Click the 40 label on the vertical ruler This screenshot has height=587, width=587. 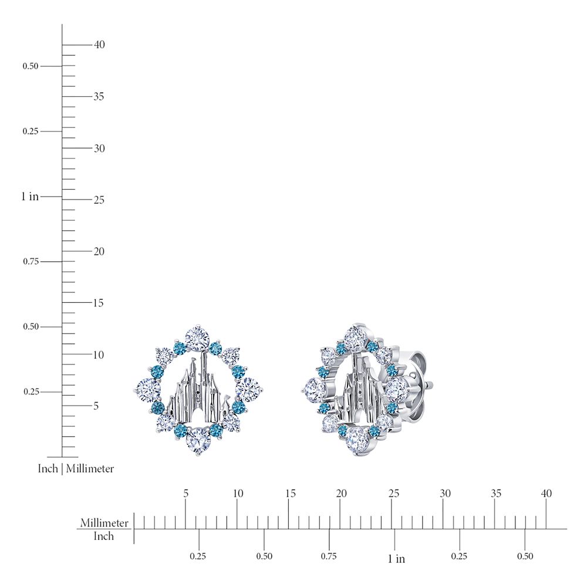pos(99,45)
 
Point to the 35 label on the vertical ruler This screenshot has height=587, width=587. pos(99,96)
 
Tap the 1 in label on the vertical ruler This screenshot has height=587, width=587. pos(30,196)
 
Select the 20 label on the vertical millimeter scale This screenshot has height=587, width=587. pos(99,251)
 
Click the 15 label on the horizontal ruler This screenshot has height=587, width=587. pos(290,494)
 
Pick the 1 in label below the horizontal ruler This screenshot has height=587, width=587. pos(396,559)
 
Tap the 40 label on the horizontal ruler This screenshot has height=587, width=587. pos(546,494)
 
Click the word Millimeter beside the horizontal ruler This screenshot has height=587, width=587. pos(104,522)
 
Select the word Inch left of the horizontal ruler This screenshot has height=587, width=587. pos(103,536)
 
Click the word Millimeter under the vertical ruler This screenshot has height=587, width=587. pos(90,468)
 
